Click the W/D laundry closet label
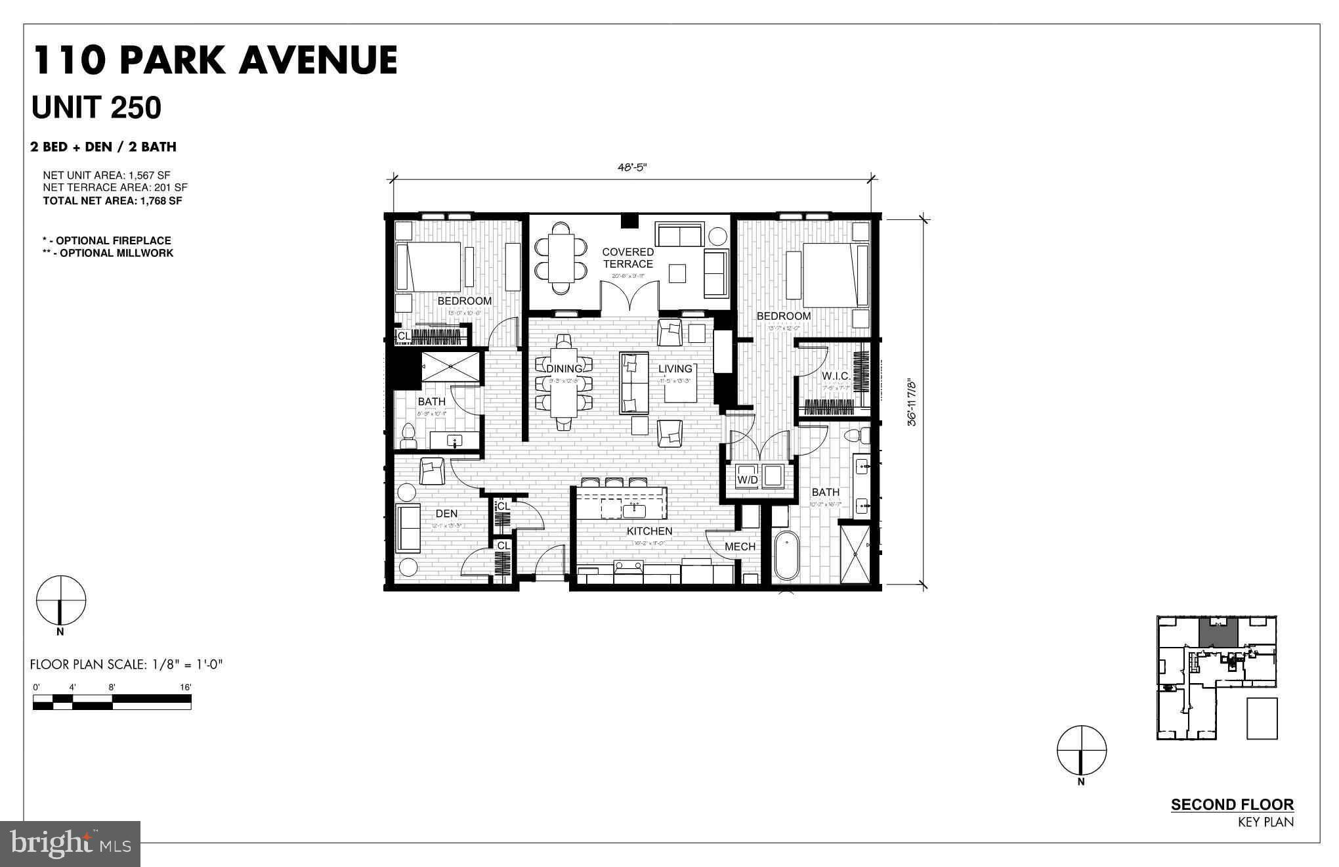click(748, 479)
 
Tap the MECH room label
click(740, 546)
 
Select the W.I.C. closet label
click(836, 376)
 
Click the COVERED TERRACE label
click(627, 257)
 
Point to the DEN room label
click(446, 514)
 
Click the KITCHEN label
click(649, 531)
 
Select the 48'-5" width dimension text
click(632, 167)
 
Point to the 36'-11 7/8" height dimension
click(911, 402)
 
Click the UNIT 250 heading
click(96, 108)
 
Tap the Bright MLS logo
click(70, 843)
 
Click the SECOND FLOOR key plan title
click(1232, 805)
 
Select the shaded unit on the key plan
click(1218, 632)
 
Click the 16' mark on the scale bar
click(186, 687)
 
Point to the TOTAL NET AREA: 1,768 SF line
click(112, 201)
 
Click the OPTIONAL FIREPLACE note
click(107, 240)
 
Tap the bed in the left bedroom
click(431, 266)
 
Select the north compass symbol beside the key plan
click(1081, 750)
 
